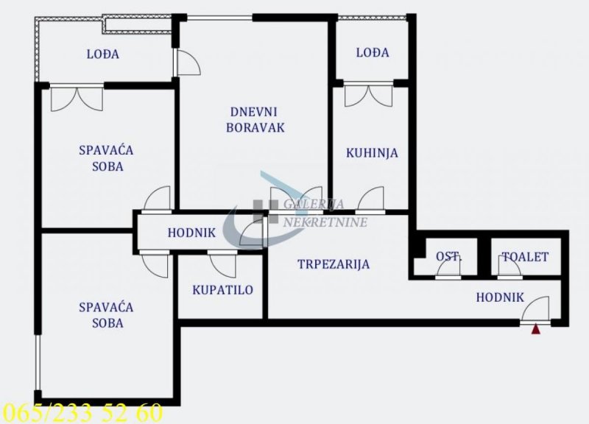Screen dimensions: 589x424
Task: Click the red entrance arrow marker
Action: (536, 329)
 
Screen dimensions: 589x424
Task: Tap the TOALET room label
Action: (525, 257)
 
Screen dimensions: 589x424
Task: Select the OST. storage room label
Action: (449, 257)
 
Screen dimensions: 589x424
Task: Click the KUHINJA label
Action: (372, 153)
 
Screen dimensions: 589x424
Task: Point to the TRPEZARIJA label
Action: (334, 264)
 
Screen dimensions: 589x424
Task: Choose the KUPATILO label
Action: (223, 290)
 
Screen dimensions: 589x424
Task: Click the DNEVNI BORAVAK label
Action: (255, 120)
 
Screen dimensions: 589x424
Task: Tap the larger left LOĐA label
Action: (103, 54)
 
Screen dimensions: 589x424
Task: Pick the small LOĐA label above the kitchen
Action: (373, 52)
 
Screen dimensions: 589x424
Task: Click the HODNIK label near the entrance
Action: (500, 297)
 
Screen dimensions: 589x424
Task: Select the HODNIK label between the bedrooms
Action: (191, 233)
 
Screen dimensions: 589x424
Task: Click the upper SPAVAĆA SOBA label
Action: (106, 158)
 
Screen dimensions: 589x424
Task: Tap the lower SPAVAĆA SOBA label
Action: (106, 316)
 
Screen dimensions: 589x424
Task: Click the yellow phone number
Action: (82, 413)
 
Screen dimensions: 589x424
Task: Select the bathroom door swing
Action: (223, 266)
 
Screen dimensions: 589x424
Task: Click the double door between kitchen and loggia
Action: (369, 96)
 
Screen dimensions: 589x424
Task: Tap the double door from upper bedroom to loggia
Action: (77, 99)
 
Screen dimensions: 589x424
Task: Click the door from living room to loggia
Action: (188, 63)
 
